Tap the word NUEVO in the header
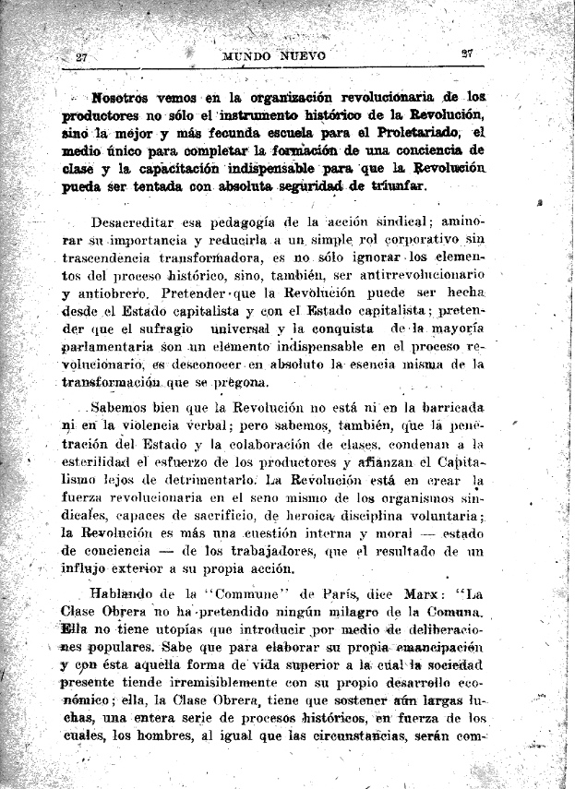coord(304,56)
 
